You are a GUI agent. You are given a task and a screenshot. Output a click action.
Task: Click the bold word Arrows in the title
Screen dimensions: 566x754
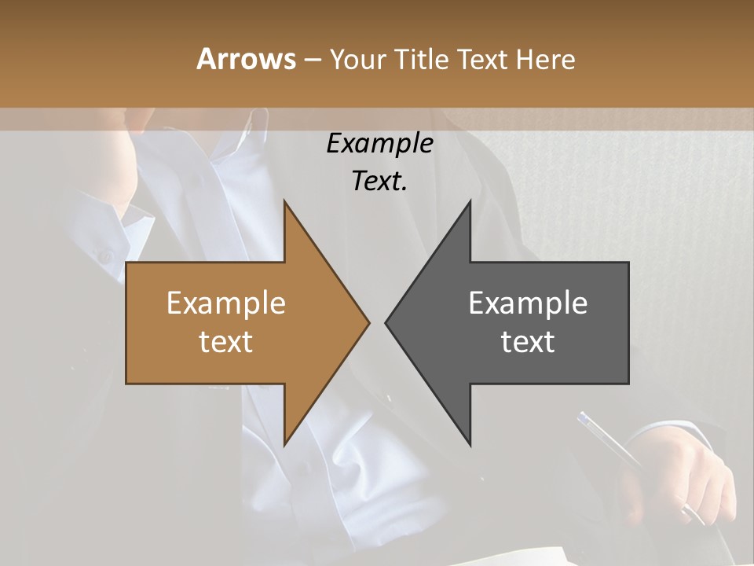[246, 60]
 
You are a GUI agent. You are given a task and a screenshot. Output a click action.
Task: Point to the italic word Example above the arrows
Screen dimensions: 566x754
[379, 144]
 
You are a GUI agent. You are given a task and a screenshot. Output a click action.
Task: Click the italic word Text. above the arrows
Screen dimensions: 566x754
[379, 181]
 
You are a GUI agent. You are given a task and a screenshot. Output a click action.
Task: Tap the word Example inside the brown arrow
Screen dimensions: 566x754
[226, 303]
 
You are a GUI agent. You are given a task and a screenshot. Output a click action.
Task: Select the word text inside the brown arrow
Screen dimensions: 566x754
[226, 341]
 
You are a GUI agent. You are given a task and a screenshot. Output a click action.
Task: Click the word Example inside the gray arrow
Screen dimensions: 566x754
[528, 303]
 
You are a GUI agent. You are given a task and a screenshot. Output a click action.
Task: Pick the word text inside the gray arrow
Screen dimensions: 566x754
[528, 341]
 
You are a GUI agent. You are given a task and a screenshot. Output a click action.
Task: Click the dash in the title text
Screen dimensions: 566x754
[312, 61]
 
